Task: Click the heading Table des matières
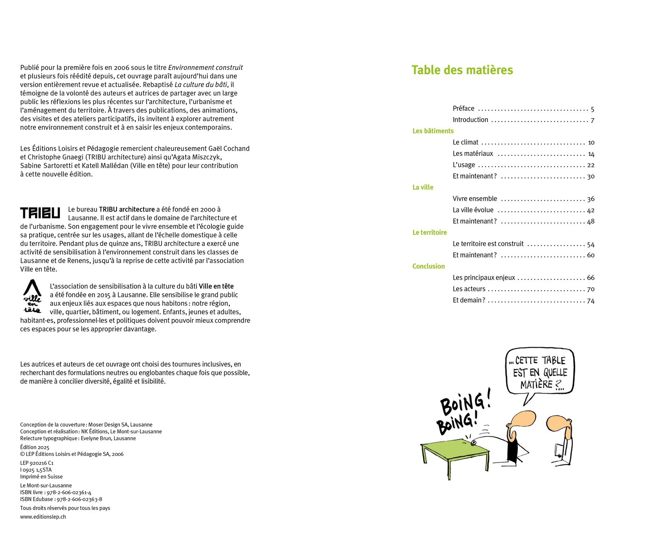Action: point(462,70)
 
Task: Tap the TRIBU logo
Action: point(40,213)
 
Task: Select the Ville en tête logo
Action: point(32,296)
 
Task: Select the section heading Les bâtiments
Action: point(433,131)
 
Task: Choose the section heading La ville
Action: point(423,187)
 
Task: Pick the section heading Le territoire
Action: point(430,232)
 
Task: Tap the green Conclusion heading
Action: point(428,266)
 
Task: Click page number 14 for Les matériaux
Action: point(591,154)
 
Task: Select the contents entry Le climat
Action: point(465,142)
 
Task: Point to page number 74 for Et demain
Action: point(591,301)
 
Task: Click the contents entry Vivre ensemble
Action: point(475,199)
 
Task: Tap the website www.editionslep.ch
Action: point(43,517)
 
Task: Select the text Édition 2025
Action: point(35,447)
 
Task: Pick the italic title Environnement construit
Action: point(205,67)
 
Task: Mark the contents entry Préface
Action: point(463,109)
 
